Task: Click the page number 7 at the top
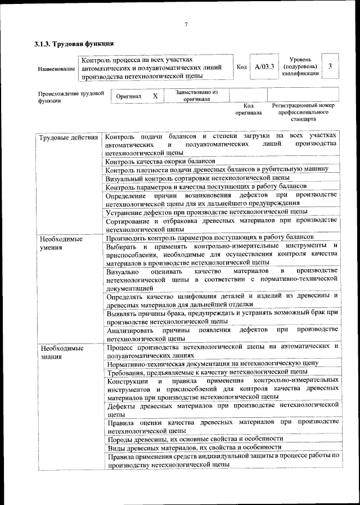click(x=186, y=24)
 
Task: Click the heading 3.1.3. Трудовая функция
click(x=74, y=43)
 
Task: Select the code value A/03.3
click(x=264, y=67)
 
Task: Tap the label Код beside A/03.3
click(x=241, y=67)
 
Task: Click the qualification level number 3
click(x=330, y=66)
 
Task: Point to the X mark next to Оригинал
click(x=155, y=96)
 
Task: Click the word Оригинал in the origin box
click(x=129, y=96)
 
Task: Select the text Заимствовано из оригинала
click(x=196, y=95)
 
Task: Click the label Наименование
click(x=56, y=69)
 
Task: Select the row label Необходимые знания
click(x=61, y=352)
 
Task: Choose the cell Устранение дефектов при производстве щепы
click(x=210, y=212)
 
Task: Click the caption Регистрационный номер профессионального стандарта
click(x=303, y=112)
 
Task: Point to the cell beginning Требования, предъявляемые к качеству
click(x=206, y=372)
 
